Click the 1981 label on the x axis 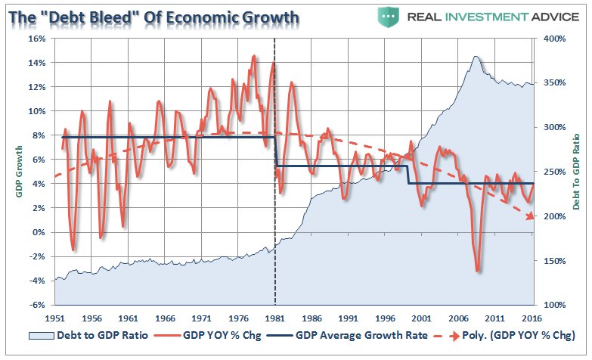point(274,318)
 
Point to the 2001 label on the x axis point(421,318)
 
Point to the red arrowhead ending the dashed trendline point(531,216)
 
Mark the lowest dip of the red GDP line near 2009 point(478,271)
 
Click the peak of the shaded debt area point(476,57)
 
